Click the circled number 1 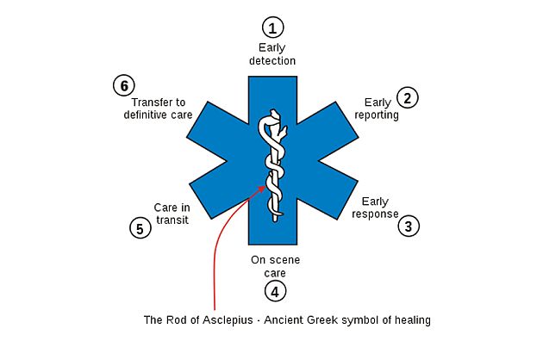click(x=273, y=27)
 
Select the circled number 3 click(x=409, y=226)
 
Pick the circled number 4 click(x=274, y=291)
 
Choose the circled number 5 click(x=139, y=228)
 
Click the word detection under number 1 click(x=273, y=61)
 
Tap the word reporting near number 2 click(x=377, y=115)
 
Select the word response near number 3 click(x=375, y=214)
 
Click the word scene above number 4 click(x=284, y=259)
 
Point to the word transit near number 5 click(x=171, y=220)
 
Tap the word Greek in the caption click(x=334, y=320)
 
